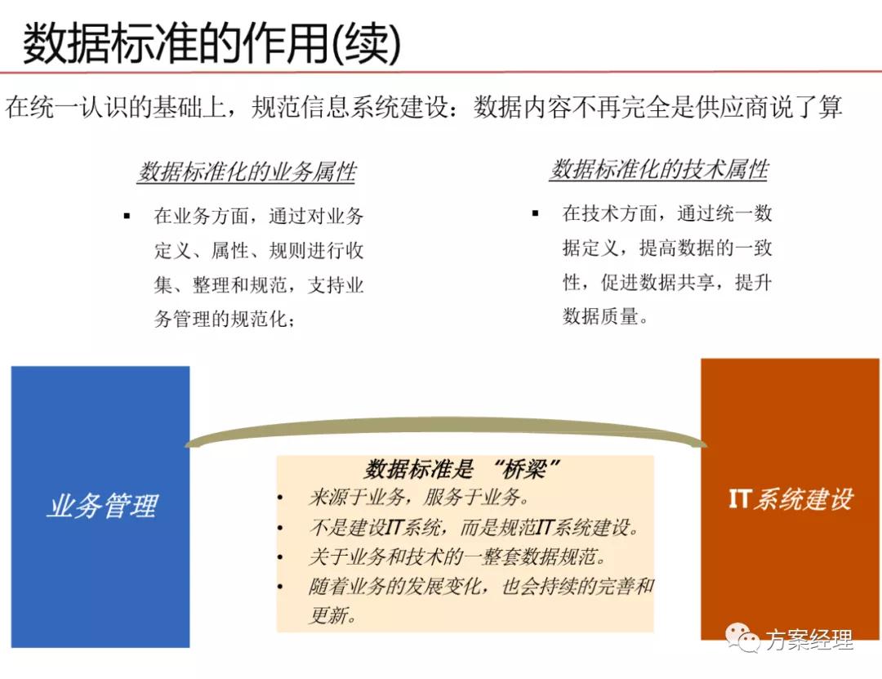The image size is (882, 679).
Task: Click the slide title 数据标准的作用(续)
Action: click(211, 42)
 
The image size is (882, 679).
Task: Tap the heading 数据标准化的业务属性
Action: click(247, 172)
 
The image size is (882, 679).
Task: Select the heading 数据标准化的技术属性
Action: click(658, 169)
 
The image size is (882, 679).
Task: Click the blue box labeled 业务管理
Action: click(100, 506)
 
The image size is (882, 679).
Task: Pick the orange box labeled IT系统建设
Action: click(790, 498)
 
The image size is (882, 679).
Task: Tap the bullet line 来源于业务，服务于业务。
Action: click(417, 497)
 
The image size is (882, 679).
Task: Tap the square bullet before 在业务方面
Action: click(127, 217)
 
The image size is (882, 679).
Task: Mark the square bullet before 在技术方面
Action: click(535, 213)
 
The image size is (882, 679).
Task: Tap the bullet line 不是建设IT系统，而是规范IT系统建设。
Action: click(474, 527)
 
